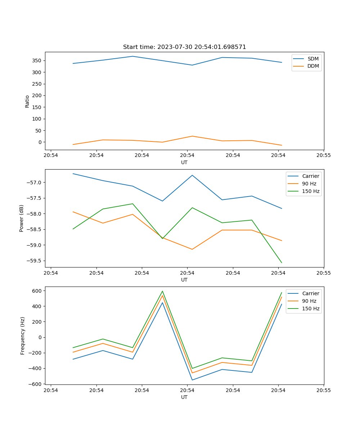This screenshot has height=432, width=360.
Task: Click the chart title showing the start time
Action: coord(184,47)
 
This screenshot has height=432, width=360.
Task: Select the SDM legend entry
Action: coord(312,59)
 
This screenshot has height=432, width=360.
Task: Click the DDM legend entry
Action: coord(313,66)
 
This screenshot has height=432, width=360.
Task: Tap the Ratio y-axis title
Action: coord(27,101)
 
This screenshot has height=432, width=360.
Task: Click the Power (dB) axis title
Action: coord(22,218)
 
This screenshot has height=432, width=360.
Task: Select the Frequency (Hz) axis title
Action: coord(23,336)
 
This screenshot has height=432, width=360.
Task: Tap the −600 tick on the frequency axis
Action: coord(36,384)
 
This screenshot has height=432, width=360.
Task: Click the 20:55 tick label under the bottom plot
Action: coord(324,390)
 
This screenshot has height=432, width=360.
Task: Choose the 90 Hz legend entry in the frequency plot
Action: coord(309,301)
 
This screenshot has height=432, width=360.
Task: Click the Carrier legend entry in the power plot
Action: coord(310,176)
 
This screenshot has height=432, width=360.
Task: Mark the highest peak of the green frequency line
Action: coord(162,291)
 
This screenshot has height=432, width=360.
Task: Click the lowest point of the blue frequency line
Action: coord(192,380)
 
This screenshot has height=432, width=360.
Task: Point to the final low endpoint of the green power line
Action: coord(282,263)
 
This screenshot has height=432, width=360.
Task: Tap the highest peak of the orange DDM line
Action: coord(192,136)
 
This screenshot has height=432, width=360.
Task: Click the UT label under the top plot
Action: coord(184,162)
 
